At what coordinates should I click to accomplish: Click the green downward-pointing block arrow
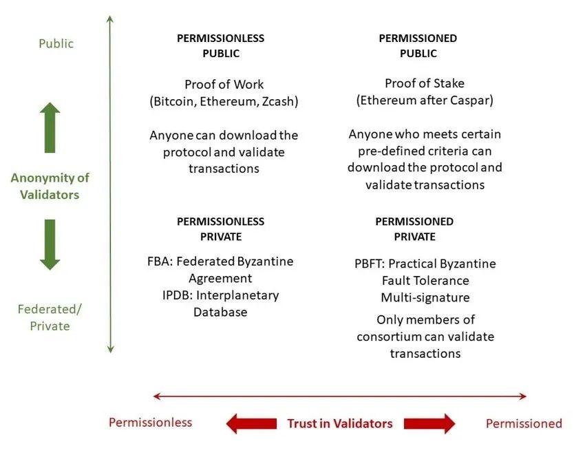point(50,244)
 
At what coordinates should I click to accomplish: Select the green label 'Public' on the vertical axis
point(56,43)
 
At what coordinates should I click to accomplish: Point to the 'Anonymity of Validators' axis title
point(50,186)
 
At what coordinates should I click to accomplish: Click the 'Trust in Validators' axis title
point(339,423)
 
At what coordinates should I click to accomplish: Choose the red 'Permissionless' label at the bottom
point(150,422)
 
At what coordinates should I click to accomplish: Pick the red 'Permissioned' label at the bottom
point(524,423)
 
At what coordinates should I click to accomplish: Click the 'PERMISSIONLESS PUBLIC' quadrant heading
point(220,45)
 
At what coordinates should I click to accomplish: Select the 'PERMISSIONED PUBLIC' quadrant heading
point(418,45)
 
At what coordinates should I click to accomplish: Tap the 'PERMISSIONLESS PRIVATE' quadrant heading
point(220,228)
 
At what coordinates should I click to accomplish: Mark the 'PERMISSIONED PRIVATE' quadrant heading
point(414,228)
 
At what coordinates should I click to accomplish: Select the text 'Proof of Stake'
point(425,83)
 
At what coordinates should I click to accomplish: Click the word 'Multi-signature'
point(425,297)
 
